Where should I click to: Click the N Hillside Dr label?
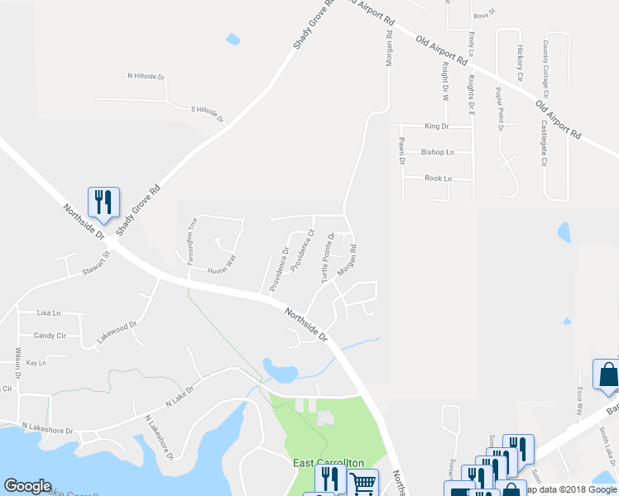146,76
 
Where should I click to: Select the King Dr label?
435,126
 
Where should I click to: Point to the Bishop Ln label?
438,152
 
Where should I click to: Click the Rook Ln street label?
438,179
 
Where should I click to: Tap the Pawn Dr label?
401,150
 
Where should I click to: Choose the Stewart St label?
95,269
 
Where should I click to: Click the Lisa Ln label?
49,313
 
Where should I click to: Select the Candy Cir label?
50,336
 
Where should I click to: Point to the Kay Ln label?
36,363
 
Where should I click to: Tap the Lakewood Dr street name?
117,331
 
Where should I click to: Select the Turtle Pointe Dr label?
327,260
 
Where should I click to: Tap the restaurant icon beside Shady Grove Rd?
103,202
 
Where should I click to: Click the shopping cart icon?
362,483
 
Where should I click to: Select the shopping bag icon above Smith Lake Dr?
607,376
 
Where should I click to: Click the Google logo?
28,486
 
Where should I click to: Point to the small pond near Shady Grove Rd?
233,39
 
